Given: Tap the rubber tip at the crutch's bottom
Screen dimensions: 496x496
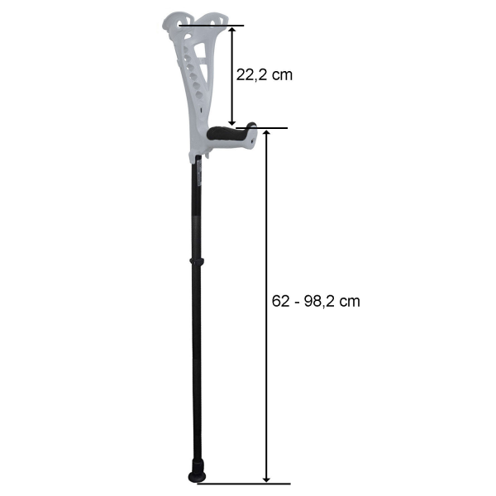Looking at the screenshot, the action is pos(197,473).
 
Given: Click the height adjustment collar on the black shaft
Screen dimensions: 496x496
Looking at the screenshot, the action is pos(197,261).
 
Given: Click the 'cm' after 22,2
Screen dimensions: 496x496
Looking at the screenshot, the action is pos(282,76).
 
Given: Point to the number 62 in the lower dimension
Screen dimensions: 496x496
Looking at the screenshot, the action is pos(281,301).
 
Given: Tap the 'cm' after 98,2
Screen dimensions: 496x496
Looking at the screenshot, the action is pos(350,302).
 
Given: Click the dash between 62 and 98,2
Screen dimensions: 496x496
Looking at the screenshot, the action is pos(297,303).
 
